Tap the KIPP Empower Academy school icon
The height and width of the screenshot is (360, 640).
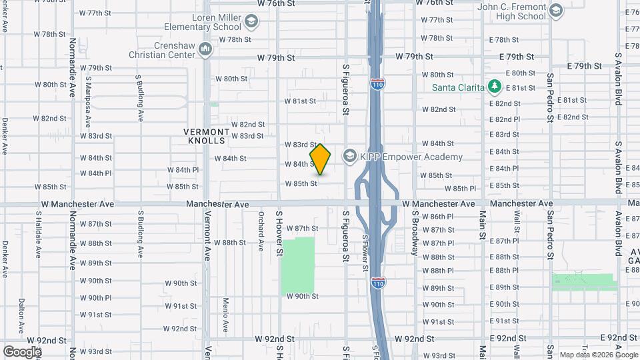click(349, 156)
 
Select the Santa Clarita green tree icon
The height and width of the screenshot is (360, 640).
click(494, 86)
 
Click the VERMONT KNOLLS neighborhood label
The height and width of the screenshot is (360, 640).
click(207, 137)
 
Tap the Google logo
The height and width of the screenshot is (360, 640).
click(22, 351)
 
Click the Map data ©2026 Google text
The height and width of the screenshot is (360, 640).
click(598, 355)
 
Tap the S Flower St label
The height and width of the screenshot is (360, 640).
click(365, 253)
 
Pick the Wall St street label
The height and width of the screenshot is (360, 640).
click(517, 226)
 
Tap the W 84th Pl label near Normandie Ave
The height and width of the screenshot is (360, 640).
click(96, 173)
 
